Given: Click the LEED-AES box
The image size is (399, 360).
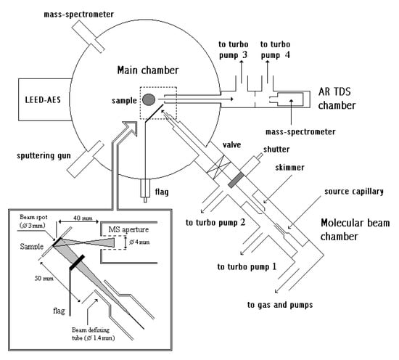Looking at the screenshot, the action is [44, 99].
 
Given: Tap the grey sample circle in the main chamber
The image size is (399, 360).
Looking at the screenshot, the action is [148, 99].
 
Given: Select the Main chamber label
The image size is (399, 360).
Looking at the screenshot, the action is [148, 70].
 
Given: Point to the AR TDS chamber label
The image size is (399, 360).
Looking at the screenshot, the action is [337, 98].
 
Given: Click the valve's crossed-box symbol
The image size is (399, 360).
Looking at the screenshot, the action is [219, 165].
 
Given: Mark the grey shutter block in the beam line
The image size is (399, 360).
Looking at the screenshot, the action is [236, 180].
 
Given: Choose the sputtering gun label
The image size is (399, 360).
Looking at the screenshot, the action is [44, 155].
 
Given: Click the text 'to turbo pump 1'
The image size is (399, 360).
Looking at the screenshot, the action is [247, 267].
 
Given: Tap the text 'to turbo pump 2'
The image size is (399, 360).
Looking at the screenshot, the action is [215, 223].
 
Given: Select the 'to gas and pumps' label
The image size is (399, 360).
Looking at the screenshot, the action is [280, 305].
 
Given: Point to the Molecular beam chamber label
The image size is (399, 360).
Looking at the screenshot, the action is [355, 229].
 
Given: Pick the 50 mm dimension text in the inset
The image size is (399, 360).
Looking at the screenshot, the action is [44, 278].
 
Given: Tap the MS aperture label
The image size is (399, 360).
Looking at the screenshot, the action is [128, 229].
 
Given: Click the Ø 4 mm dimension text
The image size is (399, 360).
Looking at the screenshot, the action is [139, 242].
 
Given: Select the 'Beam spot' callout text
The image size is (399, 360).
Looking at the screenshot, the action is [33, 217].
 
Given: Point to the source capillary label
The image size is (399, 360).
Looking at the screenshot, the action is [354, 192].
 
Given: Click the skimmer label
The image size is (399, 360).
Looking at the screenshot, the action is [290, 167].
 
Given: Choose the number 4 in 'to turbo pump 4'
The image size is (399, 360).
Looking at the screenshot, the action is [287, 55].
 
